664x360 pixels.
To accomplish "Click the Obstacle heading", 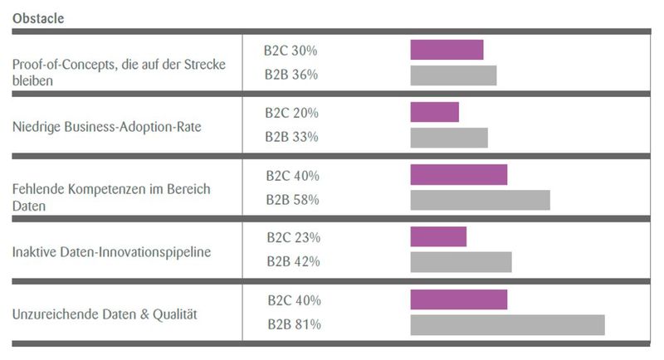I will click(x=38, y=17).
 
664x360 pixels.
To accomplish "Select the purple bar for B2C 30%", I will click(x=447, y=50).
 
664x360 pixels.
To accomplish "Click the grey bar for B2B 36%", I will click(x=453, y=75).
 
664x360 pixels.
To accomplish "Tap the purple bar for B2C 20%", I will click(x=434, y=113).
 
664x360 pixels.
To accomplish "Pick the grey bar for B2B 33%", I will click(x=449, y=138).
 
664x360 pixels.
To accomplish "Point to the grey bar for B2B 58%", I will click(x=480, y=200).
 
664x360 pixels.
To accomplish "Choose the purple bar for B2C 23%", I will click(x=438, y=237).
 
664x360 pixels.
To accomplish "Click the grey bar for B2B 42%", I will click(x=461, y=262).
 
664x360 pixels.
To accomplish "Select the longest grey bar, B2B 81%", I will click(x=507, y=324).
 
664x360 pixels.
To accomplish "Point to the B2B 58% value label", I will click(x=292, y=200).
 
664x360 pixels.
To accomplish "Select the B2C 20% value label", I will click(x=291, y=113).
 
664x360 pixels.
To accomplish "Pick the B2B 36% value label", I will click(x=291, y=75).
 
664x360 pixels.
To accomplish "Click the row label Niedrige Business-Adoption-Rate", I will click(x=107, y=127).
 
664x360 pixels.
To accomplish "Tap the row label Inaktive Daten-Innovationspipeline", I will click(x=111, y=251).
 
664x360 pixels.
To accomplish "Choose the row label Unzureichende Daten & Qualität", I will click(x=104, y=314).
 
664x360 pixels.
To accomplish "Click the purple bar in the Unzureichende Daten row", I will click(x=458, y=299).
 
